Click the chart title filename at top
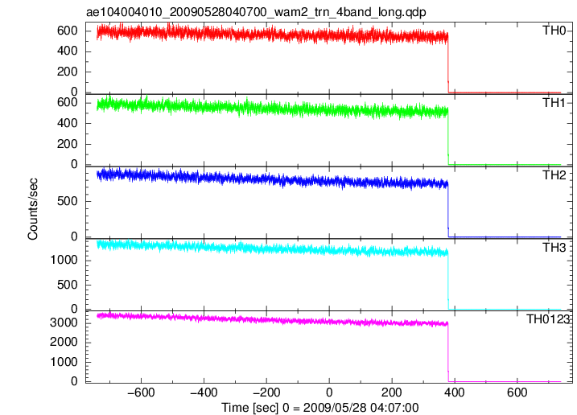256,12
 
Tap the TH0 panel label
554,31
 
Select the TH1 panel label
554,103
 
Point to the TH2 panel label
554,175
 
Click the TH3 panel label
554,248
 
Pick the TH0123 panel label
547,319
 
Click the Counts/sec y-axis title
33,209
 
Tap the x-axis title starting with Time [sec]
319,408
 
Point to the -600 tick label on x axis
141,392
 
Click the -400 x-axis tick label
204,392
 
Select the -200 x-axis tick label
266,392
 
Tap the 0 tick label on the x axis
329,392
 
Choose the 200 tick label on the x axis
392,392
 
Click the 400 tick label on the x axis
455,392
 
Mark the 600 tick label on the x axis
517,392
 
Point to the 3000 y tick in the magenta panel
64,323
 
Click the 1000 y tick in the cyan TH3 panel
64,260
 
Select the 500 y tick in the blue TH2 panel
68,201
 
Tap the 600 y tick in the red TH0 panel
68,31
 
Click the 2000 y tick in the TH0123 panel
64,342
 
